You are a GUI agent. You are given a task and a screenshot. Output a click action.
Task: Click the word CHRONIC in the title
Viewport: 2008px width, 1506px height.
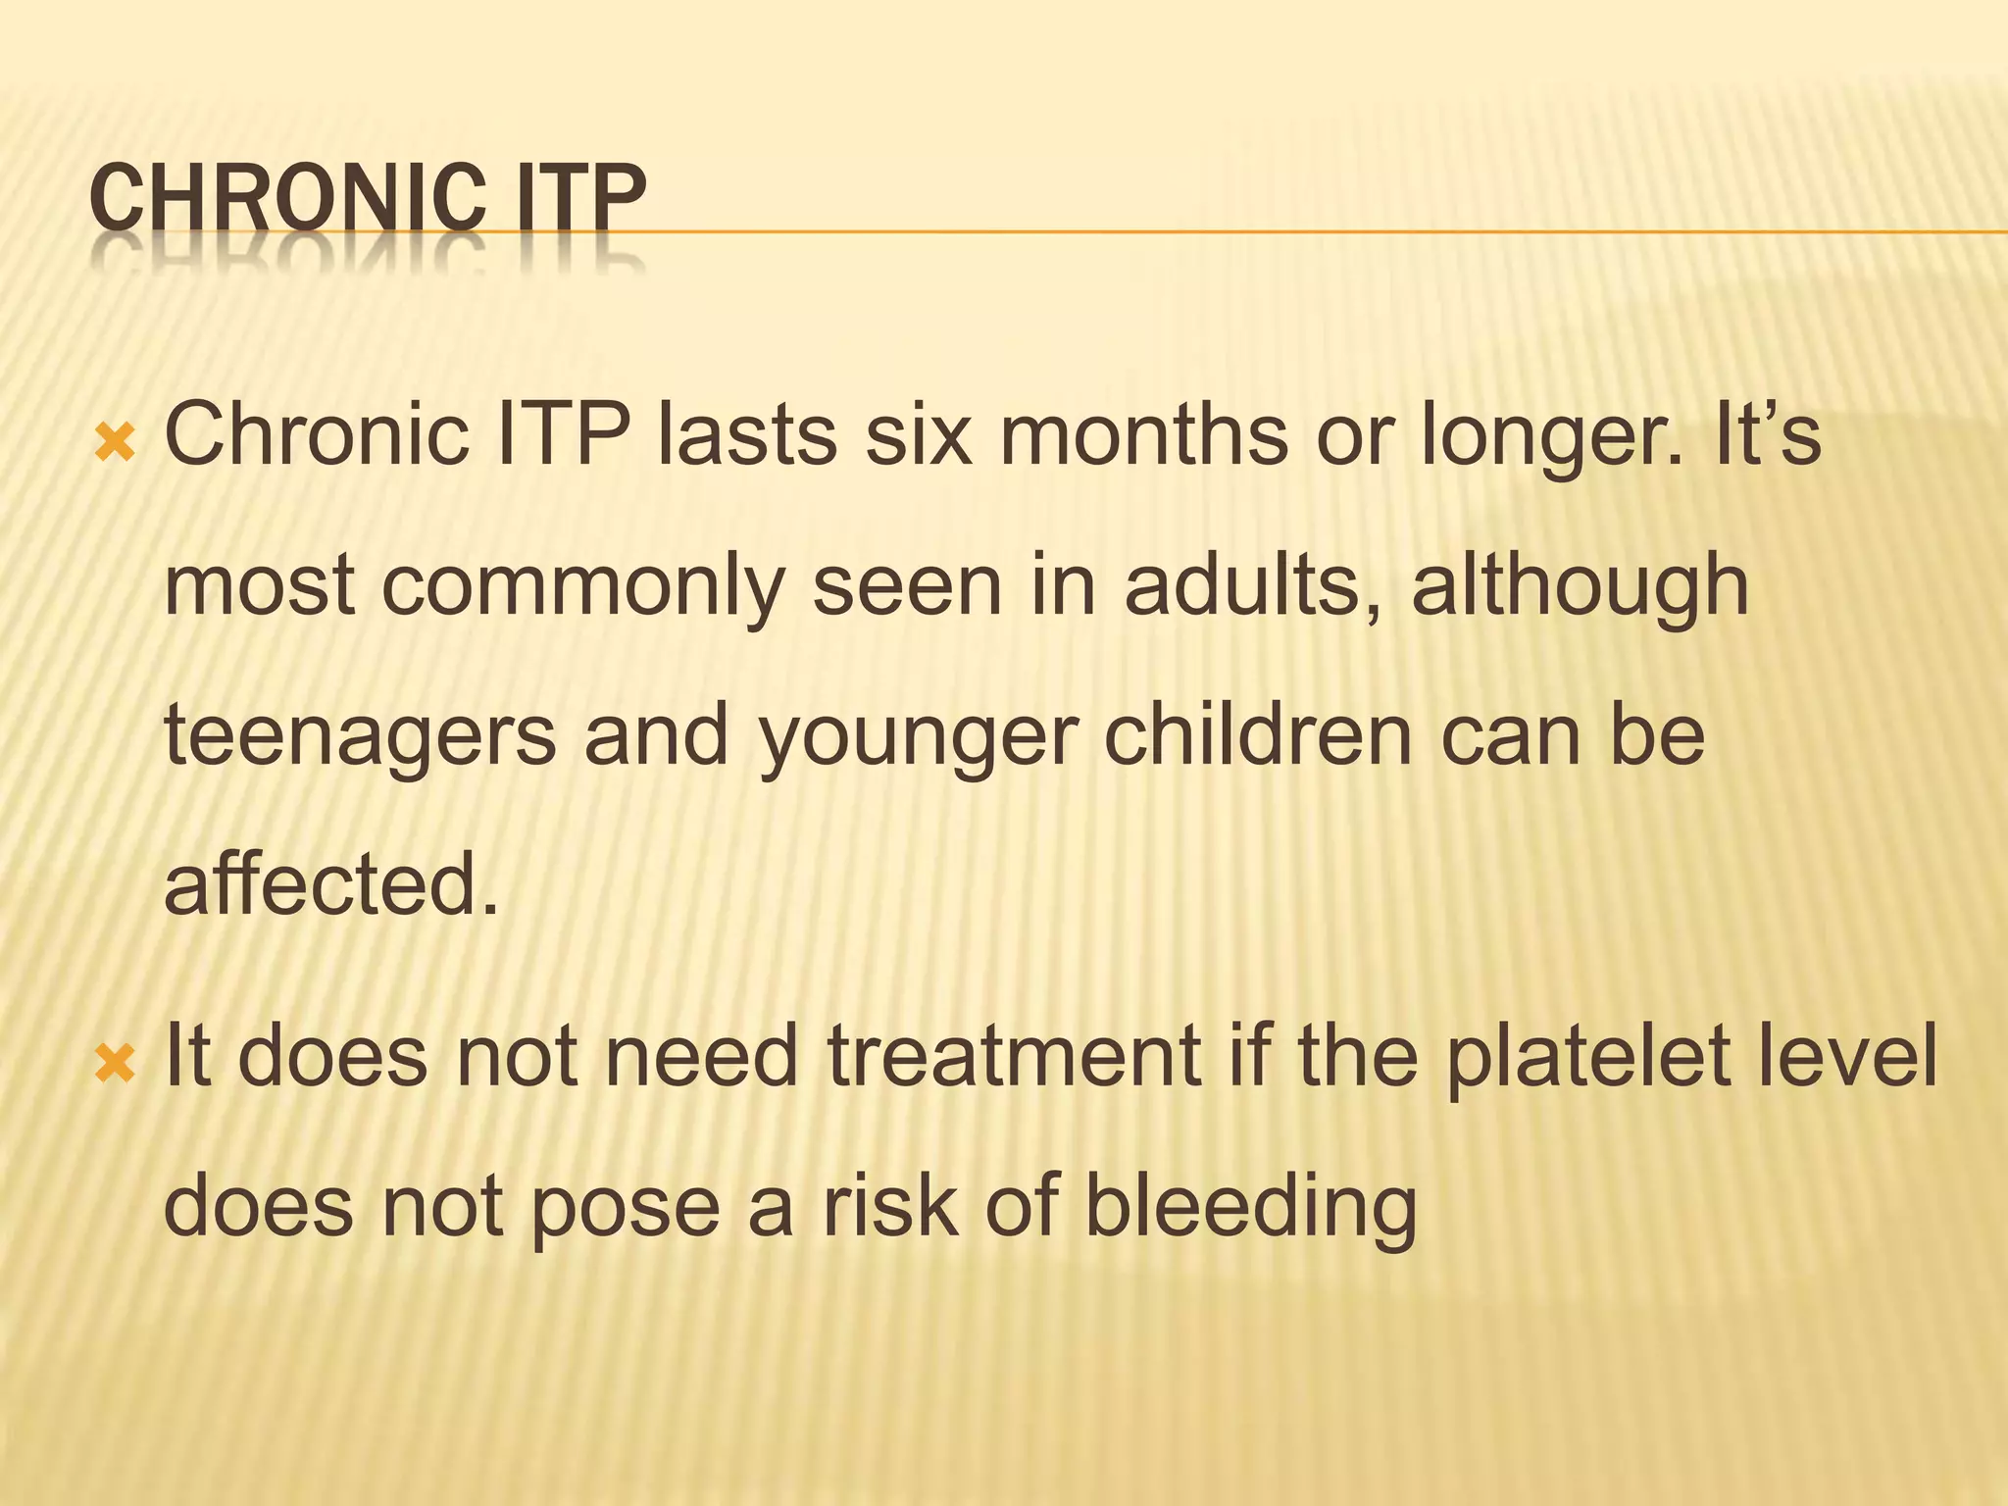pos(285,199)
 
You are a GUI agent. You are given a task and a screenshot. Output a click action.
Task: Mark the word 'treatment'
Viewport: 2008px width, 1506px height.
pos(1016,1056)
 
